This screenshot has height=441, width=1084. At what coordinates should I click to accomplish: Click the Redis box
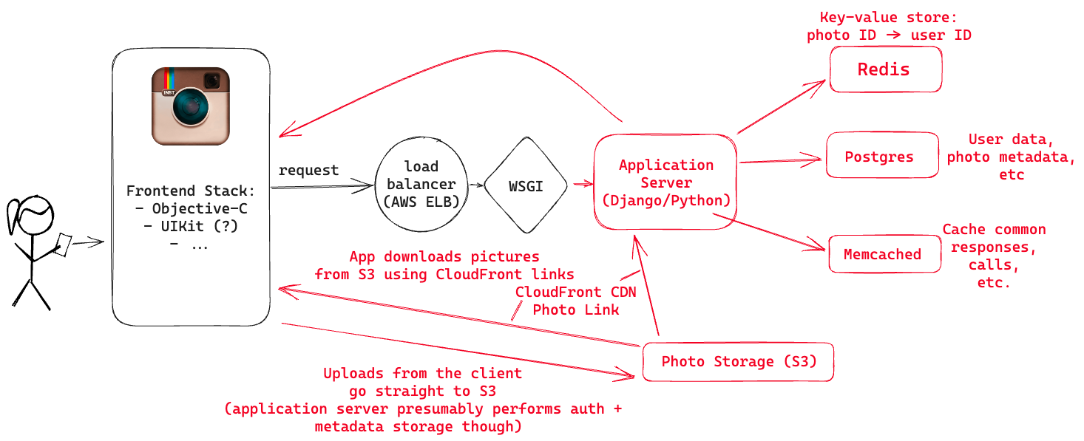885,69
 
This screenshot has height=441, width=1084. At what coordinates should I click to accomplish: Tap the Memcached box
884,254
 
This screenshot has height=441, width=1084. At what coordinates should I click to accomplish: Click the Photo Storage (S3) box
737,362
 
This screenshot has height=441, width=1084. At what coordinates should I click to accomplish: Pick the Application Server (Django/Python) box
666,182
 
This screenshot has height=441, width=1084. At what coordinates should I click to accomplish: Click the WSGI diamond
525,185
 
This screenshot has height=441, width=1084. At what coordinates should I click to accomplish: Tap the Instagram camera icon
191,106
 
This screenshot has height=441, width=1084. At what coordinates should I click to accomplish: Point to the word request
308,171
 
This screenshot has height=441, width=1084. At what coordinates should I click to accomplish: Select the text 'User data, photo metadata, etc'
1011,157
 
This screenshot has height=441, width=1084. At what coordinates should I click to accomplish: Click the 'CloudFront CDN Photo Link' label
575,301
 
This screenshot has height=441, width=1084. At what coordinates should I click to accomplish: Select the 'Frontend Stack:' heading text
191,191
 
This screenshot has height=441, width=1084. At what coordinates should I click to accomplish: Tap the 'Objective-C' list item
191,208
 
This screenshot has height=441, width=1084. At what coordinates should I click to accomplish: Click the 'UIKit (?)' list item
191,226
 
